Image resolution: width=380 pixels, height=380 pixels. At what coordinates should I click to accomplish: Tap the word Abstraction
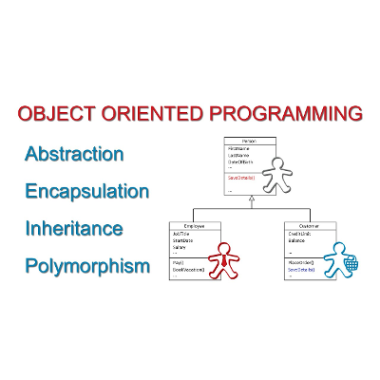[x=74, y=153]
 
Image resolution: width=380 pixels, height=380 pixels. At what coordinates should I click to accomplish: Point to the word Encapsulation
[x=87, y=191]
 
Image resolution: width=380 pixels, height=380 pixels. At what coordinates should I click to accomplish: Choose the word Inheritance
[x=74, y=229]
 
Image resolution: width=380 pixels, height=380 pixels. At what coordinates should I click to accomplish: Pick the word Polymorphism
[x=87, y=266]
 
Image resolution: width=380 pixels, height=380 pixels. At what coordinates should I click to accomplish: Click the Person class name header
[x=251, y=141]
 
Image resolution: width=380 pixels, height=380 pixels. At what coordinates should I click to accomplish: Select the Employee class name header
[x=196, y=226]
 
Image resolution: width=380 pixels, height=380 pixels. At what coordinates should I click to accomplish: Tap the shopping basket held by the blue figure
[x=351, y=266]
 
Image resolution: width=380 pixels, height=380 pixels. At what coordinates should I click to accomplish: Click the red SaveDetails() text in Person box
[x=242, y=177]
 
